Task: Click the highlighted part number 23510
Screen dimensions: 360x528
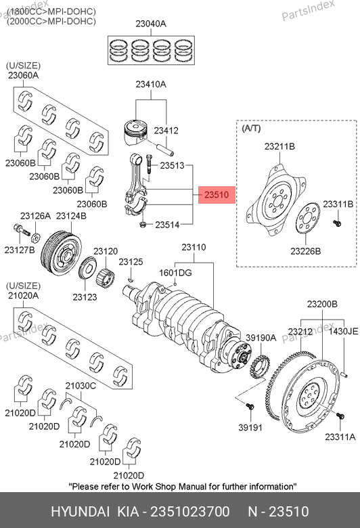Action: (x=217, y=195)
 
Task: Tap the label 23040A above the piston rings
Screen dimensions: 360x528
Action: (x=151, y=24)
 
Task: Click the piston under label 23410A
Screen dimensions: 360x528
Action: (x=136, y=132)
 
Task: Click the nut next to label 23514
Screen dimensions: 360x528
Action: (x=143, y=224)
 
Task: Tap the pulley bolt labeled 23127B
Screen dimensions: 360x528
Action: (x=22, y=231)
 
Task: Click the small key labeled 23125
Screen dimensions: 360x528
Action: (x=131, y=279)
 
